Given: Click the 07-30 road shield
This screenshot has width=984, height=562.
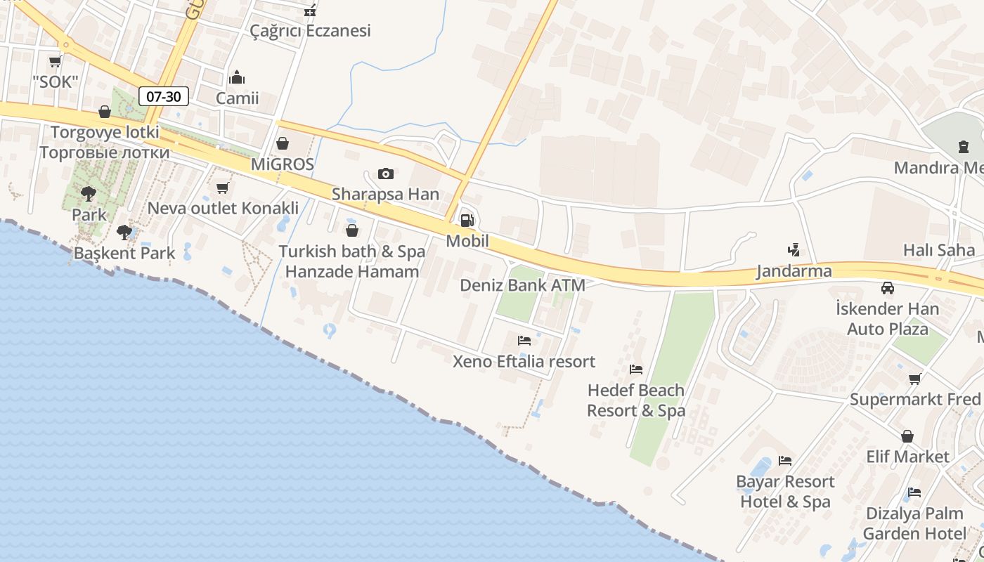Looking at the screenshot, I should coord(164,96).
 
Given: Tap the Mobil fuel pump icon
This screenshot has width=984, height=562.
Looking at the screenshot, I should coord(466,221).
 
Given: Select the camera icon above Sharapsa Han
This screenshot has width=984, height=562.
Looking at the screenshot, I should coord(385,174).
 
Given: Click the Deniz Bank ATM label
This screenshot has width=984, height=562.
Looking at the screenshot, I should coord(522,285).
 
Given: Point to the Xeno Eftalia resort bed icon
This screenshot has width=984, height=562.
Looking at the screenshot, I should coord(524,341).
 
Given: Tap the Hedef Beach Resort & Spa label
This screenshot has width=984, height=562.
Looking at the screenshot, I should coord(636,400).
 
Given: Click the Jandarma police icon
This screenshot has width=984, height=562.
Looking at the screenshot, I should coord(794,249).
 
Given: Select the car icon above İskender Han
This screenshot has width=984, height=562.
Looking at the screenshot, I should coord(888,288).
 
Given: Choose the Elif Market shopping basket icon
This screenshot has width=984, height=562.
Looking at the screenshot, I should coord(907,436).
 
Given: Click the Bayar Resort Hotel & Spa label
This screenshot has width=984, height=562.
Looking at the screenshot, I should coord(785,492).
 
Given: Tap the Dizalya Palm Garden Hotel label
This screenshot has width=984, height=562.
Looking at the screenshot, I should coord(914,523).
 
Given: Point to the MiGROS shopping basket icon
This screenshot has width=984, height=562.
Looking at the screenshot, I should coord(283,144).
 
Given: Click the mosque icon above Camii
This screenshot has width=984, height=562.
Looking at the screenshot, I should coord(238,77).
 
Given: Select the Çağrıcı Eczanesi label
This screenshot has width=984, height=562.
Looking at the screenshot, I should coord(311,31).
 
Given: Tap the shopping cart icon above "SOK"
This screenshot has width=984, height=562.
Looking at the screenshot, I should coord(55,62).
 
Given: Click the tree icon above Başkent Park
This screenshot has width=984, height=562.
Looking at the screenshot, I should coord(124,232).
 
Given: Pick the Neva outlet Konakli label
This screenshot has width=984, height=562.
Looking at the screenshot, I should coord(223,208).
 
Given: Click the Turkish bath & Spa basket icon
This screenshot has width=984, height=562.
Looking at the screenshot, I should coord(352,230).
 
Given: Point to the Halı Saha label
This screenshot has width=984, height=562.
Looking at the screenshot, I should coord(939,250).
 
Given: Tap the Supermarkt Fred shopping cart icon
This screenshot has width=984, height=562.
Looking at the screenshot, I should coord(915,379).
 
